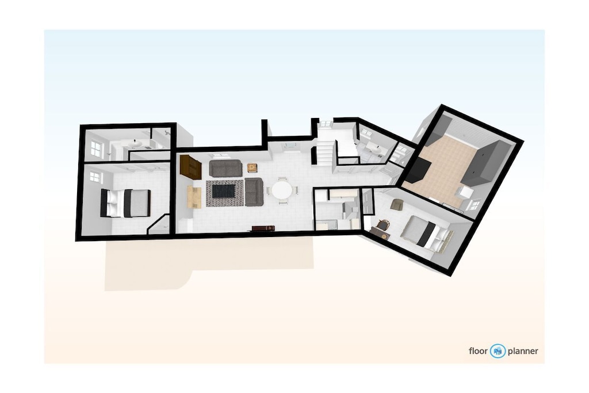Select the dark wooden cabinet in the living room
click(190, 167)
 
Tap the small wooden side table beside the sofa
click(252, 168)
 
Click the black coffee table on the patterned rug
click(224, 190)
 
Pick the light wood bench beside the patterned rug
click(194, 197)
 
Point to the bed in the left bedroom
click(125, 203)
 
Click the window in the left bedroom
click(95, 177)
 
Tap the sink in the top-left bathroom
click(135, 144)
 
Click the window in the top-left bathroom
click(96, 149)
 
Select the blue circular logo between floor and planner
click(498, 351)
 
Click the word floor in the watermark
click(478, 351)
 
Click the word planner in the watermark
click(523, 352)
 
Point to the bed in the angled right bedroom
click(427, 233)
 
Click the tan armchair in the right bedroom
click(397, 204)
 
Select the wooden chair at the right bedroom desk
click(383, 224)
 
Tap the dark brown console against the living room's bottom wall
click(263, 228)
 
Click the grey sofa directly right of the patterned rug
click(254, 192)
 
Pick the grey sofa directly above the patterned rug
click(225, 168)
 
